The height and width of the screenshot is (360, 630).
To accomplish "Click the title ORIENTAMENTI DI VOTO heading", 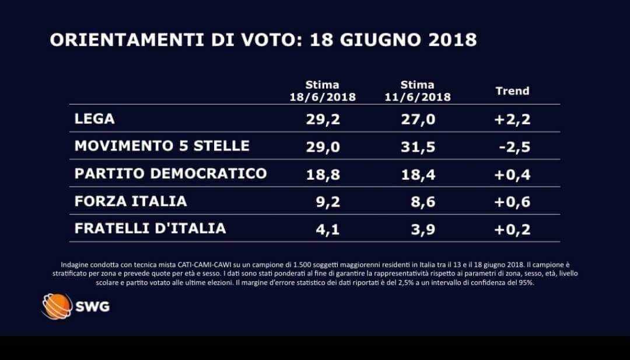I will [x=263, y=40].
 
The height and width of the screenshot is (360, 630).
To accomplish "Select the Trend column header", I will [x=512, y=90].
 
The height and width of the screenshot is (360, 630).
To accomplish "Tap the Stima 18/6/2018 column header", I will [x=322, y=91].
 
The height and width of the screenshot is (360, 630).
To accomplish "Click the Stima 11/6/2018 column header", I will [x=418, y=91].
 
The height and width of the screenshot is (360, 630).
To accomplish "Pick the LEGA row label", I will [x=94, y=119].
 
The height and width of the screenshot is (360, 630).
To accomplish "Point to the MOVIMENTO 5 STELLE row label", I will [x=162, y=146].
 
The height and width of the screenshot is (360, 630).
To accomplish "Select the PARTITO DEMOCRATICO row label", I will [x=170, y=173].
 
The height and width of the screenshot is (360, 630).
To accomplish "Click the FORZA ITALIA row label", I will [x=131, y=201].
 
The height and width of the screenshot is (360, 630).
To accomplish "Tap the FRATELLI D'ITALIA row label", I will [x=150, y=228].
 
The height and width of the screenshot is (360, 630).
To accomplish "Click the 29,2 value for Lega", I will [x=323, y=119].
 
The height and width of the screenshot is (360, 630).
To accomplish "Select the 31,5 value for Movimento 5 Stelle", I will [x=418, y=146].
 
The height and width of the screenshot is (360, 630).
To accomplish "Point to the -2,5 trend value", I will [x=514, y=146].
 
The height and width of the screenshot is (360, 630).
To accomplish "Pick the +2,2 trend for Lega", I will [x=512, y=120].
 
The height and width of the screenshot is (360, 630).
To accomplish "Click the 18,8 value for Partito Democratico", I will [x=323, y=174].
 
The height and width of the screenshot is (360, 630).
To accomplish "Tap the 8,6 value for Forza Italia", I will [x=423, y=201].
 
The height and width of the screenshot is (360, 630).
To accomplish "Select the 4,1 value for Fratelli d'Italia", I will [x=327, y=229].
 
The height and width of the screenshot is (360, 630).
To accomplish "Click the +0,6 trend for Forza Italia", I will [x=512, y=201].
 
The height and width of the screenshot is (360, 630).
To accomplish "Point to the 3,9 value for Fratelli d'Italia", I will [x=423, y=229].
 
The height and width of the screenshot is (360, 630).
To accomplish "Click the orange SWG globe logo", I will [x=57, y=306].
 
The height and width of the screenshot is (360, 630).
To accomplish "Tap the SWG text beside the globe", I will [x=92, y=306].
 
